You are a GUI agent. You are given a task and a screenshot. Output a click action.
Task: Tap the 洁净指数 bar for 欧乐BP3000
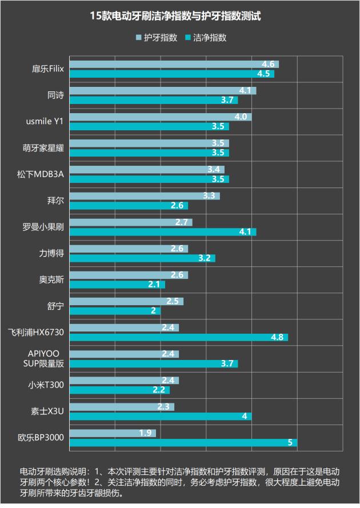point(183,443)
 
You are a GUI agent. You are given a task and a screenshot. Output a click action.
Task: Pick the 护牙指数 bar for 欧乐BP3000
point(112,433)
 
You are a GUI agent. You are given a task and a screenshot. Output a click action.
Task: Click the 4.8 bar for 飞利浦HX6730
point(178,337)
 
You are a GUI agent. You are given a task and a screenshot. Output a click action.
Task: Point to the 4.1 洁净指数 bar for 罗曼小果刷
point(162,231)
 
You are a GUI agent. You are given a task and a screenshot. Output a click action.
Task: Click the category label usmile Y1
point(45,122)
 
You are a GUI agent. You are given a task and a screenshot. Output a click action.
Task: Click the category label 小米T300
point(46,385)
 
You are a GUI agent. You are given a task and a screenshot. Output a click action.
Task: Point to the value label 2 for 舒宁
point(153,311)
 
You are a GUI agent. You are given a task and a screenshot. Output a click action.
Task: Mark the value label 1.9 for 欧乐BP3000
point(145,433)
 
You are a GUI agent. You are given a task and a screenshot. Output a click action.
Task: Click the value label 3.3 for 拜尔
point(209,196)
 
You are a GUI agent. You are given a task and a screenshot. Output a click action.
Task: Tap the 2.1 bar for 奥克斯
point(117,284)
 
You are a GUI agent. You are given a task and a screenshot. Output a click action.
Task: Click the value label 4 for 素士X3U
point(244,416)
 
